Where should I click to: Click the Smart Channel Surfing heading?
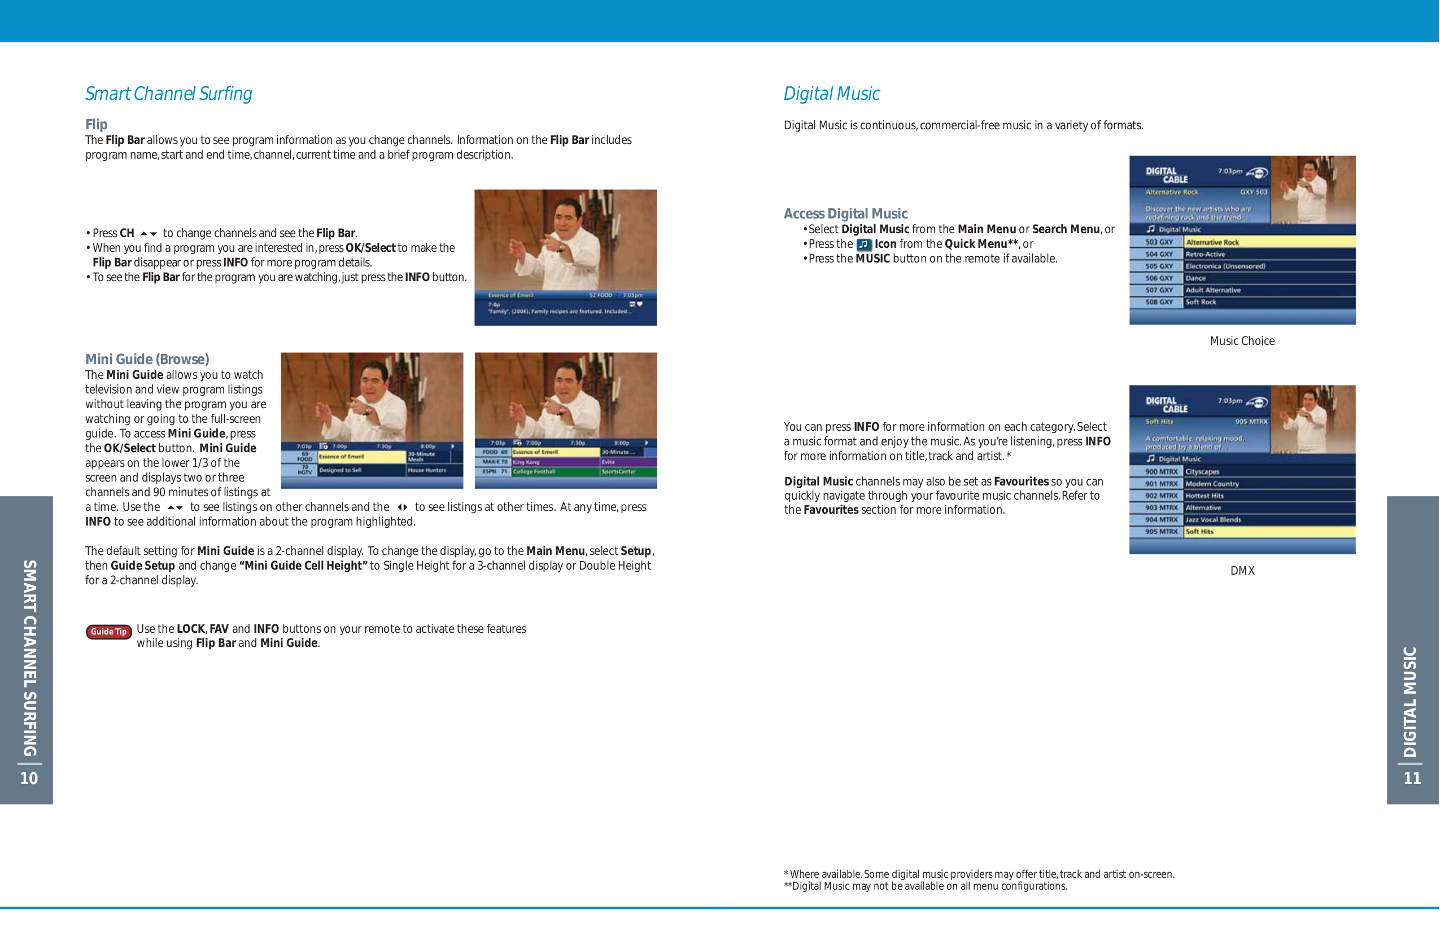[x=168, y=94]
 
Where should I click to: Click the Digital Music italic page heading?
[x=831, y=94]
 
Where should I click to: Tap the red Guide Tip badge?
[x=109, y=632]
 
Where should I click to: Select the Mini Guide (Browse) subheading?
[x=147, y=359]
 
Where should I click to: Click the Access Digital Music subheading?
[x=845, y=213]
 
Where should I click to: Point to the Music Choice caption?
[x=1242, y=341]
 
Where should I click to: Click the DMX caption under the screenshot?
[x=1242, y=570]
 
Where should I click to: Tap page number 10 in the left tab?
[x=29, y=778]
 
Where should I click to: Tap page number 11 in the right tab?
[x=1412, y=778]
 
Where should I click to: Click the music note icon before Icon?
[x=864, y=244]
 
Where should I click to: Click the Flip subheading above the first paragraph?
[x=96, y=125]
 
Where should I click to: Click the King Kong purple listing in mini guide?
[x=554, y=462]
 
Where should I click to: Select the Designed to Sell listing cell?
[x=361, y=471]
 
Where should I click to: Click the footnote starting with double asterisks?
[x=925, y=886]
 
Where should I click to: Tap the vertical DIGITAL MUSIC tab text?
[x=1411, y=702]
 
